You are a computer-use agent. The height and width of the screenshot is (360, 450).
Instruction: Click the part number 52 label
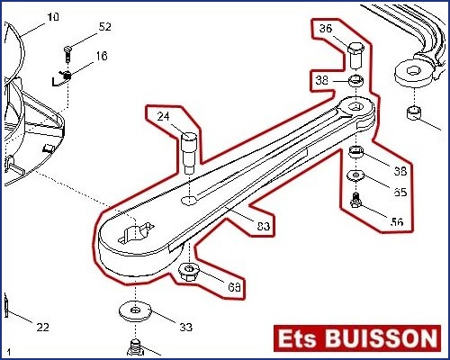pos(105,27)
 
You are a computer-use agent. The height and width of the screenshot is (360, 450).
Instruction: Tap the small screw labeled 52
pos(68,54)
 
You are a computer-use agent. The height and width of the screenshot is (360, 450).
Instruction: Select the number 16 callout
pos(102,56)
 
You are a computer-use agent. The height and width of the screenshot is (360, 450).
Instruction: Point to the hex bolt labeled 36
pos(356,56)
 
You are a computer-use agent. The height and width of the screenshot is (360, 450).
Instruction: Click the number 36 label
pos(326,29)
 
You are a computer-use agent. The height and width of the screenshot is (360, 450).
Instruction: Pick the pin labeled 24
pos(189,153)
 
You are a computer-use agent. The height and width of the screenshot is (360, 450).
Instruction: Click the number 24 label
pos(164,116)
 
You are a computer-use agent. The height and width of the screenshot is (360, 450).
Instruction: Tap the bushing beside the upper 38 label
pos(355,81)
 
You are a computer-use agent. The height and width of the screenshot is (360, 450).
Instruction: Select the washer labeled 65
pos(356,175)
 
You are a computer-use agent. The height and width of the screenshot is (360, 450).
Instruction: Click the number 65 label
pos(400,192)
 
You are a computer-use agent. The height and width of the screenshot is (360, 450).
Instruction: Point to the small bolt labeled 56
pos(356,201)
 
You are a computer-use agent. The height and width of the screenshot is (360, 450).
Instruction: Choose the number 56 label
pos(397,222)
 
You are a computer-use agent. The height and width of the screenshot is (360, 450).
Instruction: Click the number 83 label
pos(264,226)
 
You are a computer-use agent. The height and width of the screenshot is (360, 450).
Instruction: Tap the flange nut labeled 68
pos(189,271)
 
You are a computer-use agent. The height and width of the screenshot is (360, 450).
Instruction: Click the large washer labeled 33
pos(135,310)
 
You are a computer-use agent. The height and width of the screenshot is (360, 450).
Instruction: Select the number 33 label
pos(186,327)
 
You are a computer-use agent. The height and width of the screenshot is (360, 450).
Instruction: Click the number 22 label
pos(42,327)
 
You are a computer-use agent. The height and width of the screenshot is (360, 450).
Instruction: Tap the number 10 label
pos(53,17)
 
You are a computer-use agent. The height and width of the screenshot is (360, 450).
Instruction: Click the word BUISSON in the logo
pos(381,338)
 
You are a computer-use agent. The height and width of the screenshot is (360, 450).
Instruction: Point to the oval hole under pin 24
pos(189,200)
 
